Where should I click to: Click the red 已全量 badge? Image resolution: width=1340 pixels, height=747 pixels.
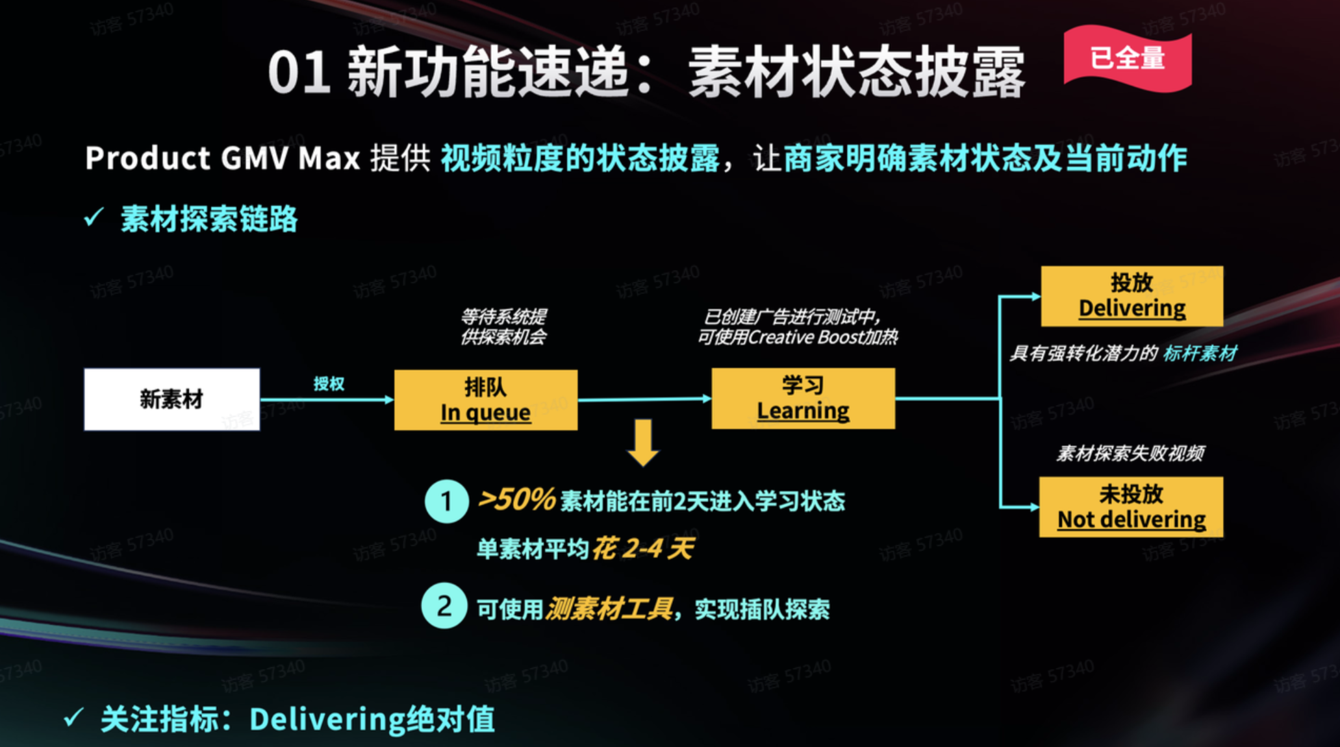point(1127,58)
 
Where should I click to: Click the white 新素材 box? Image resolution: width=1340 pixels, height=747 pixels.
point(171,399)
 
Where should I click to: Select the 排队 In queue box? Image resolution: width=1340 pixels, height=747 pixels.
point(485,400)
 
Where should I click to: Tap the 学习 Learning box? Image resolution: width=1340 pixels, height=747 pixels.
point(803,398)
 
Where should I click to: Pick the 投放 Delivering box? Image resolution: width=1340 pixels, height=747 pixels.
point(1131,296)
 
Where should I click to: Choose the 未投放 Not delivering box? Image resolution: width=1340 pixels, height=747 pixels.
point(1131,507)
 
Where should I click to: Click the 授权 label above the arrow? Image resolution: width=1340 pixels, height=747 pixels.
point(329,384)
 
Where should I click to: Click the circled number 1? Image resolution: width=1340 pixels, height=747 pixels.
point(446,501)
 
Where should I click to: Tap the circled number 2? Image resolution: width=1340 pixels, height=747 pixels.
point(444,606)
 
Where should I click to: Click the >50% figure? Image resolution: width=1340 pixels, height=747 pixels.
point(516,500)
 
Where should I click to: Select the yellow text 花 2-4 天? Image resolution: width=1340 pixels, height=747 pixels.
point(642,549)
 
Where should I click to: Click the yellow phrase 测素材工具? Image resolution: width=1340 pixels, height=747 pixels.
point(609,609)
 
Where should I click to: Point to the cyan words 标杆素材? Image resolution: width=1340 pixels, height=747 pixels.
point(1200,354)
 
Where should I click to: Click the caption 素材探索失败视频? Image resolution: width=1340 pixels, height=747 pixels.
point(1130,453)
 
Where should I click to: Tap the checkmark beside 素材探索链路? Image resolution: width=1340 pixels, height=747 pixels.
point(94,217)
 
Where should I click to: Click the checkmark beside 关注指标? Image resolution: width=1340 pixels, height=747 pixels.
point(73,718)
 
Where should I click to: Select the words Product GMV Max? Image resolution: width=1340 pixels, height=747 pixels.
point(222,158)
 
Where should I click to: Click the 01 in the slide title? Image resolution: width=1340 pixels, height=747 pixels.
point(298,73)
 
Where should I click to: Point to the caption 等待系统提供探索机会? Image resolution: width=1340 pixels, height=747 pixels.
point(503,326)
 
